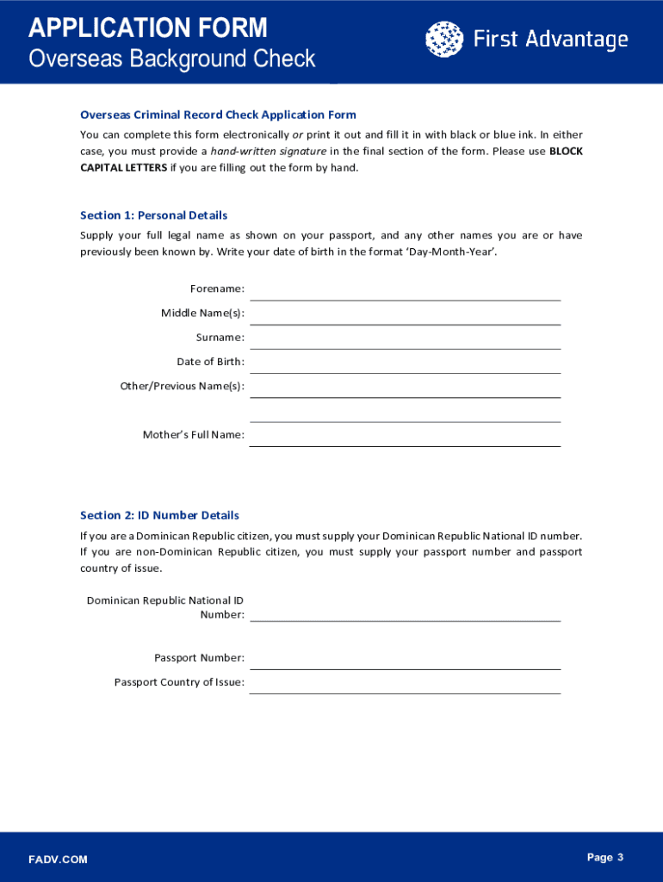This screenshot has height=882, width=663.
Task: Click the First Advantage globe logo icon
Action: point(443,39)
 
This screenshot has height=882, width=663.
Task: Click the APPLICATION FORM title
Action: point(148,28)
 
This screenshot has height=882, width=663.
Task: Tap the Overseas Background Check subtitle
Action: point(172,59)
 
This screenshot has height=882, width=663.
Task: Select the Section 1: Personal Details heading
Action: point(153,215)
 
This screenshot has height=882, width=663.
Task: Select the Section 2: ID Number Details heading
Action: point(159,515)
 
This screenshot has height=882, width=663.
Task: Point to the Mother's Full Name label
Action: point(193,435)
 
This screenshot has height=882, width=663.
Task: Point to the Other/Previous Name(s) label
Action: point(182,386)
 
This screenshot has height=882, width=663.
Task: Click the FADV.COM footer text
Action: point(58,860)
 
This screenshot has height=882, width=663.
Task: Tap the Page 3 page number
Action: point(604,857)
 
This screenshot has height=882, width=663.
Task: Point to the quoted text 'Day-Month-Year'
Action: point(454,252)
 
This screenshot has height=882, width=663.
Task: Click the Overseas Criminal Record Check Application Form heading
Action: point(218,115)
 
